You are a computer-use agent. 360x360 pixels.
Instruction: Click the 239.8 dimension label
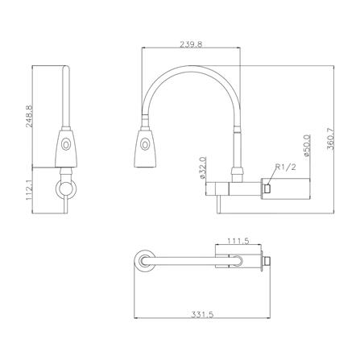coord(191,44)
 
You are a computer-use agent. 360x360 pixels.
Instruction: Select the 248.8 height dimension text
coord(29,116)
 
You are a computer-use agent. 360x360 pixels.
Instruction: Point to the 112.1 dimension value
coord(29,190)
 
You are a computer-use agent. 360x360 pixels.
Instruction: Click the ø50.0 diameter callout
coord(307,146)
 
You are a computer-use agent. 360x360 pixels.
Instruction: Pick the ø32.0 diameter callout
coord(203,168)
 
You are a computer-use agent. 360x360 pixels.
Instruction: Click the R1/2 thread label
coord(286,168)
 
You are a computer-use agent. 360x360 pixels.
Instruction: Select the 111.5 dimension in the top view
coord(238,241)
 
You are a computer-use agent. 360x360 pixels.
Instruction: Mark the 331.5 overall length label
coord(202,314)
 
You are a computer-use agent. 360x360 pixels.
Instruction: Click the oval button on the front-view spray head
coord(145,145)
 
